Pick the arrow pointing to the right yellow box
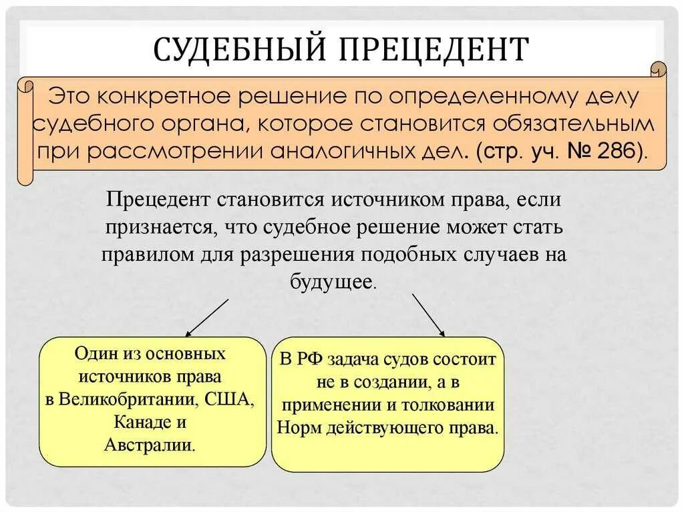click(x=427, y=315)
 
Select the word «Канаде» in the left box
click(x=139, y=422)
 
